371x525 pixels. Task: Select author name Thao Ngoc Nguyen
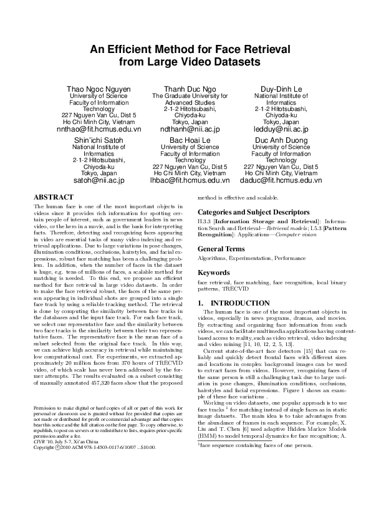coord(99,90)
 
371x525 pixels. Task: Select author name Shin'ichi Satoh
coord(99,141)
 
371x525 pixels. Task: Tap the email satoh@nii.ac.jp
coord(99,181)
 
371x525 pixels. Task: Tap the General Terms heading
coord(222,248)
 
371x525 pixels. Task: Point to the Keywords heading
coord(214,272)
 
